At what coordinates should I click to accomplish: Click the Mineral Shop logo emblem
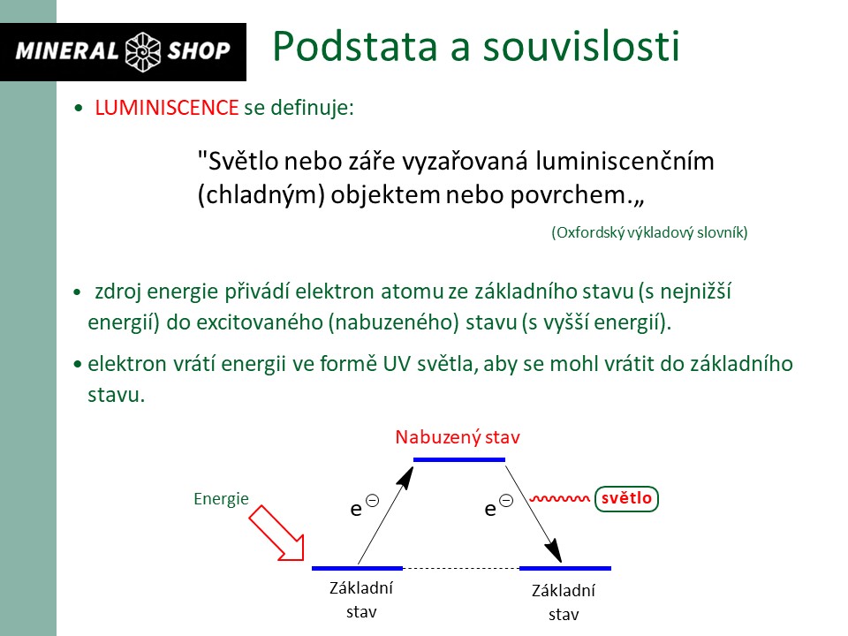(x=141, y=51)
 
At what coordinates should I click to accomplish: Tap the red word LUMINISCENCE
(x=167, y=108)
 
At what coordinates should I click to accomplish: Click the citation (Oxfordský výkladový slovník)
(x=649, y=232)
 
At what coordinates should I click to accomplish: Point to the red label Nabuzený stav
(x=458, y=437)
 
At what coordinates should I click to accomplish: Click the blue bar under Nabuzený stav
(x=459, y=459)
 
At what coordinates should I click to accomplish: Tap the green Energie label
(x=221, y=499)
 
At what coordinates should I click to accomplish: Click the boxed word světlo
(x=627, y=499)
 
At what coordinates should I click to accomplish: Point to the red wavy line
(x=558, y=499)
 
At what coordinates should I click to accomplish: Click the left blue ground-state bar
(x=358, y=568)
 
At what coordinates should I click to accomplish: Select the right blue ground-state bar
(x=565, y=568)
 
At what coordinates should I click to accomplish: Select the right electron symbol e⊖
(x=497, y=507)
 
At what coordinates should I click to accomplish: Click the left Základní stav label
(x=361, y=601)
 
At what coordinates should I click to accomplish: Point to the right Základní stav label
(x=564, y=602)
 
